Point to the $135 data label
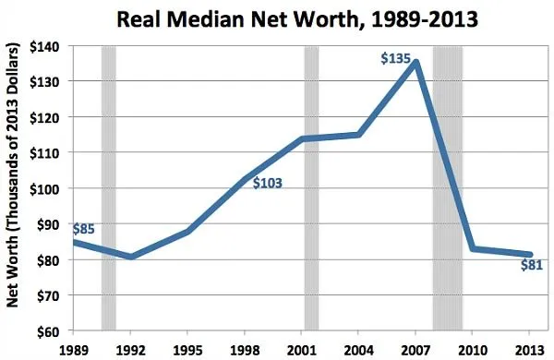pyautogui.click(x=395, y=59)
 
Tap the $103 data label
pyautogui.click(x=266, y=184)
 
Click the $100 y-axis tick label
pyautogui.click(x=47, y=188)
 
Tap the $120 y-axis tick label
pyautogui.click(x=47, y=117)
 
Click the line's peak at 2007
pyautogui.click(x=417, y=63)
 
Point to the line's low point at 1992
pyautogui.click(x=131, y=256)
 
